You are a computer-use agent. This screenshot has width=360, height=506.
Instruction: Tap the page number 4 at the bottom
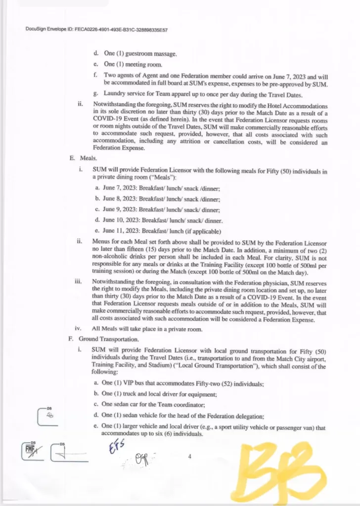(x=189, y=457)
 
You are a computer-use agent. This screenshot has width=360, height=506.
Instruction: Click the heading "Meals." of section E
(x=90, y=159)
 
